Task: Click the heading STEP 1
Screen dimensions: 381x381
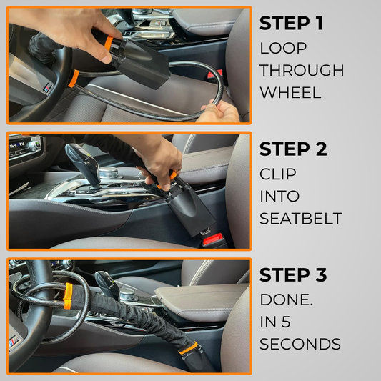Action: pyautogui.click(x=291, y=23)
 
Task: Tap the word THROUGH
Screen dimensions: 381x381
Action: pyautogui.click(x=302, y=70)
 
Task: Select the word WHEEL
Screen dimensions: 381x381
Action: pyautogui.click(x=291, y=92)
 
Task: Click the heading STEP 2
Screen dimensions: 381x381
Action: pyautogui.click(x=293, y=149)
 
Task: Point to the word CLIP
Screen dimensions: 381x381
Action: pyautogui.click(x=278, y=174)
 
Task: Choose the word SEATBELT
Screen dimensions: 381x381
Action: pyautogui.click(x=301, y=218)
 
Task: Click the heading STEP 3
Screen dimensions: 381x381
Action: pyautogui.click(x=293, y=274)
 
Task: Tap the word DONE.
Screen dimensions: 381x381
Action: pyautogui.click(x=286, y=300)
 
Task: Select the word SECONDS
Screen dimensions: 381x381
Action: pyautogui.click(x=300, y=344)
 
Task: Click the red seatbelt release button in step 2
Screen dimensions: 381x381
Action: pyautogui.click(x=213, y=239)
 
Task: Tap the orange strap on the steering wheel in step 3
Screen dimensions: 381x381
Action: pyautogui.click(x=67, y=296)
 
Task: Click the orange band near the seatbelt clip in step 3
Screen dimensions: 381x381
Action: pyautogui.click(x=188, y=347)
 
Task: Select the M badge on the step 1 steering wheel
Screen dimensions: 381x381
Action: pyautogui.click(x=48, y=88)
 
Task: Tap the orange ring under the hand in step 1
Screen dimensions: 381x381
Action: pyautogui.click(x=109, y=43)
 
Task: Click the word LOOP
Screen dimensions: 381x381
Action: pyautogui.click(x=283, y=48)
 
